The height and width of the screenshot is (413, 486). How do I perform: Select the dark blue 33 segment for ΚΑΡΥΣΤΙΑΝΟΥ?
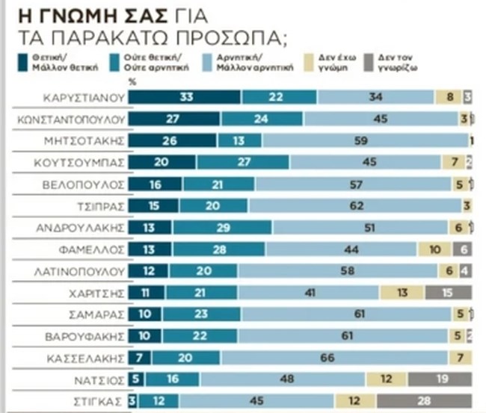(185, 97)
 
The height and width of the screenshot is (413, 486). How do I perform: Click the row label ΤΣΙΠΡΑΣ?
(105, 206)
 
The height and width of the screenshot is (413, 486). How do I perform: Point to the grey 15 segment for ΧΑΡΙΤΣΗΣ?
(449, 293)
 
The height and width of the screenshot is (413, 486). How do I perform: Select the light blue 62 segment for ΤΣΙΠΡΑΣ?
(353, 206)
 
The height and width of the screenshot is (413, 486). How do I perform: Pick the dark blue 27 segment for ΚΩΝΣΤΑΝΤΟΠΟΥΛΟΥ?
(175, 119)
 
